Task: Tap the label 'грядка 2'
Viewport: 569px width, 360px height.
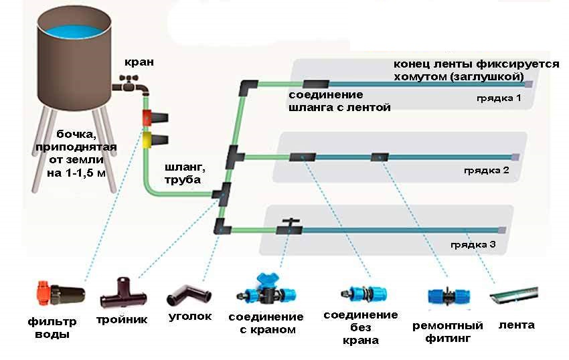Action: [x=487, y=170]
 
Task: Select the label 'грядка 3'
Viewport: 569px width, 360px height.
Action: [x=473, y=244]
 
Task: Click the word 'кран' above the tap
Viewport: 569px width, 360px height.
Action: [x=139, y=62]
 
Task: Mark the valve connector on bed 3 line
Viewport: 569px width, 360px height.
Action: [x=290, y=229]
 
